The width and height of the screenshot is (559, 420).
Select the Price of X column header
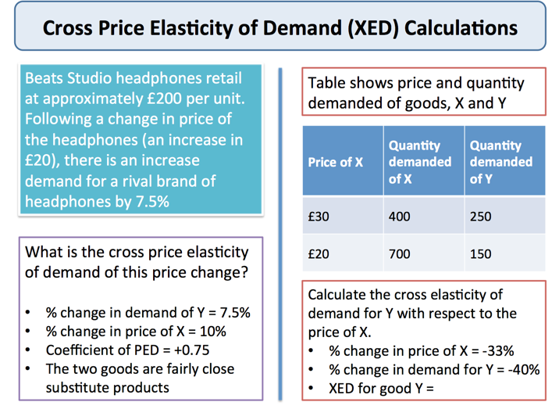(336, 163)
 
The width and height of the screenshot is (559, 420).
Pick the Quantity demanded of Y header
(500, 163)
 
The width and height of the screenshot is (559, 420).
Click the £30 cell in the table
(319, 216)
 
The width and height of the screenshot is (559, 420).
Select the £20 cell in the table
(319, 254)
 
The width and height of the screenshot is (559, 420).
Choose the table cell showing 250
(481, 216)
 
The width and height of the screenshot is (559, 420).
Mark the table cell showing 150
(481, 254)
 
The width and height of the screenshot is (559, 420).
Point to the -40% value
(521, 369)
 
